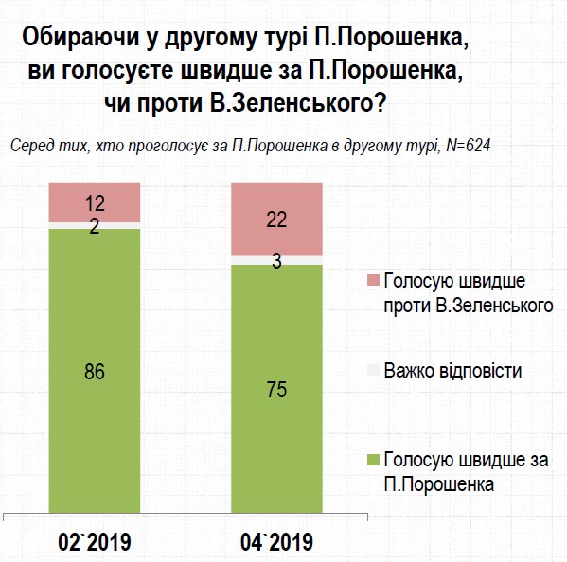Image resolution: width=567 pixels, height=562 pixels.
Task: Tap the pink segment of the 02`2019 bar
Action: point(95,201)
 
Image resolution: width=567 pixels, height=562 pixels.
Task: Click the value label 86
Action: point(95,371)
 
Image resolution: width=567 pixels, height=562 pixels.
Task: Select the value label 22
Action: point(277,220)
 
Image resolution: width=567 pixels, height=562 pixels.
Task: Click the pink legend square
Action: point(371,281)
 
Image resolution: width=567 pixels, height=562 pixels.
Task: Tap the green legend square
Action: point(371,459)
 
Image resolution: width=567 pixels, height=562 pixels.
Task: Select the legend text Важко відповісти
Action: point(452,370)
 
